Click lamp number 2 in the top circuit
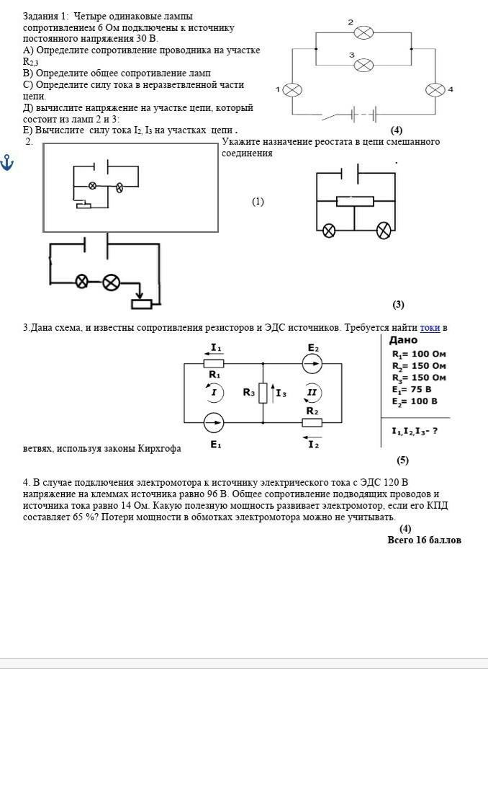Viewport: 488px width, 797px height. tap(363, 33)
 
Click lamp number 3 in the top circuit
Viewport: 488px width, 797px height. tap(363, 65)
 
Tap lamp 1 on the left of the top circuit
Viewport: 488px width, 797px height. tap(292, 90)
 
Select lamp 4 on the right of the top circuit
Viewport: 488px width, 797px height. tap(435, 90)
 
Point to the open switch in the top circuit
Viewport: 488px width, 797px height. tap(332, 117)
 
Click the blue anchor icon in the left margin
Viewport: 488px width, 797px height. tap(6, 163)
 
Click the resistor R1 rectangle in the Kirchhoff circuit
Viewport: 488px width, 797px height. tap(214, 363)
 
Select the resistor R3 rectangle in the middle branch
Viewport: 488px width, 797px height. tap(263, 393)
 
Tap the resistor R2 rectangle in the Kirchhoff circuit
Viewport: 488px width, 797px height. tap(312, 422)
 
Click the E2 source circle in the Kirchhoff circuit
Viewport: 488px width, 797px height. tap(312, 363)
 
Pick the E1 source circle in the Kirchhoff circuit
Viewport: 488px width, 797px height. tap(214, 422)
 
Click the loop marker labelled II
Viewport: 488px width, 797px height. tap(312, 393)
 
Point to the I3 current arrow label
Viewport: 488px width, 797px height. tap(279, 393)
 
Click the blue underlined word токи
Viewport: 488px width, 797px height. tap(430, 328)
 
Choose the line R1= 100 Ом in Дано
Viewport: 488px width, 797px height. tap(419, 355)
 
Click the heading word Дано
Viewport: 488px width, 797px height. tap(403, 340)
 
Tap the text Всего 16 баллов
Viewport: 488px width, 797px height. tap(424, 540)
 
